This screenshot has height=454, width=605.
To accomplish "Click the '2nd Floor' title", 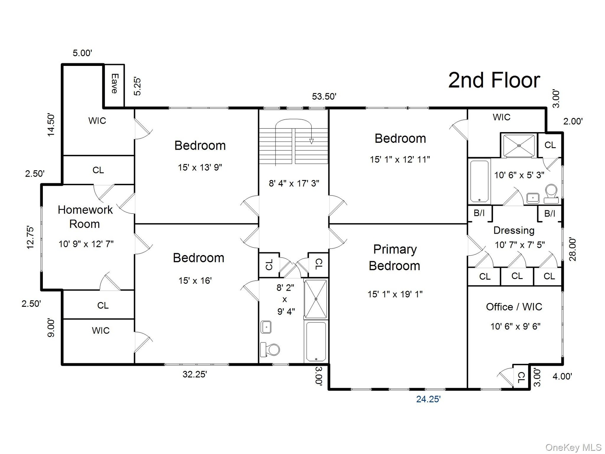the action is point(494,80).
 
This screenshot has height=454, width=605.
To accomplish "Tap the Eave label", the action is point(114,84).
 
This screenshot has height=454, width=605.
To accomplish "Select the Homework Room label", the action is point(85,217).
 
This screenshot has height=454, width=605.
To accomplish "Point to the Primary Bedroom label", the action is point(395,258).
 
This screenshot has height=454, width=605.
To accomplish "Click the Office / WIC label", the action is point(514,307).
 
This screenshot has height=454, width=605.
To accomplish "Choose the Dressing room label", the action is point(514,230).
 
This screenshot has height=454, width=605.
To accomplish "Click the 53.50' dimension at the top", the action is point(324,96).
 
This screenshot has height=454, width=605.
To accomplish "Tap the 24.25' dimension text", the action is point(428,399).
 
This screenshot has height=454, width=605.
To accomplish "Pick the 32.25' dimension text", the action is point(195,374).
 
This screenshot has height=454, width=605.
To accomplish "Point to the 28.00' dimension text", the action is point(573,249).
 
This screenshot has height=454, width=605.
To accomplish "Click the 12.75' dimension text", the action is point(30,237).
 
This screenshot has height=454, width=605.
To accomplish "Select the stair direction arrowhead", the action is point(311,142).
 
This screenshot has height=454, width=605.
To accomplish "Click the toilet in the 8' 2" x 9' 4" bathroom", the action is point(270,350).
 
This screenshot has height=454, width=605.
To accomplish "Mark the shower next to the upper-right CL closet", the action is point(519,146).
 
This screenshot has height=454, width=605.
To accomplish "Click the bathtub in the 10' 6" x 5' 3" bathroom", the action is point(479,182).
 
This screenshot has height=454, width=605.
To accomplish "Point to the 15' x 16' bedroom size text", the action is point(195,281).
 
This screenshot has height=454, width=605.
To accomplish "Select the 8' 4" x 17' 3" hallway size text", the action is point(294,183).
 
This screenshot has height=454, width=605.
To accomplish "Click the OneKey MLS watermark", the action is point(573,447).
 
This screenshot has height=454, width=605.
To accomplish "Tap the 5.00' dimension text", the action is point(82,53).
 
